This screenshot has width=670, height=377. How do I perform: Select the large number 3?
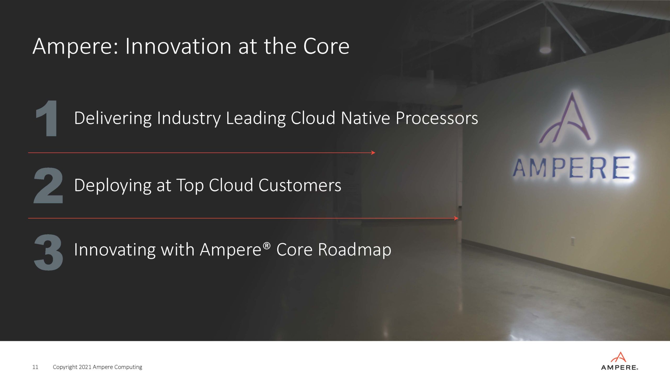48,252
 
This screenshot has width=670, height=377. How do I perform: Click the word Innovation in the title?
178,46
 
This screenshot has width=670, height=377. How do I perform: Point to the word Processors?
437,118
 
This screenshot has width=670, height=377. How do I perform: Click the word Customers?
300,185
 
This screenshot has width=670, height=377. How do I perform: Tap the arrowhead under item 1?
373,153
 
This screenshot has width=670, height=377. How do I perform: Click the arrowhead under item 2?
456,218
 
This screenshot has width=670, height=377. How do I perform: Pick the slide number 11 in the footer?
35,367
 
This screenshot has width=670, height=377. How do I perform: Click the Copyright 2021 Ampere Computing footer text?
98,367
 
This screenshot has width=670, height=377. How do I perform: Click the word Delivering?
113,119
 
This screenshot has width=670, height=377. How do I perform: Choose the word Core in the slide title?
326,46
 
